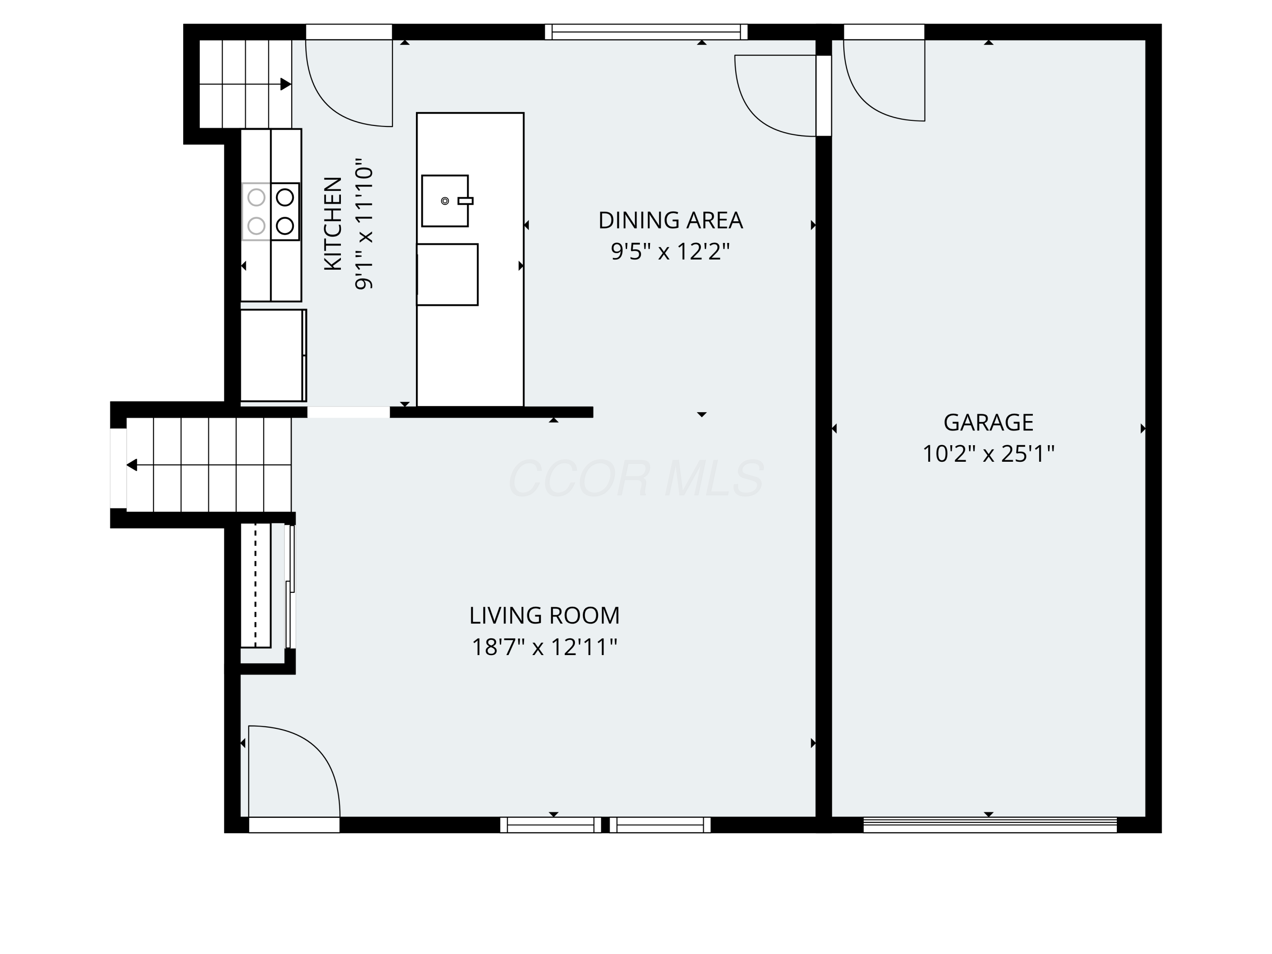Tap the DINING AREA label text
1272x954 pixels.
(670, 220)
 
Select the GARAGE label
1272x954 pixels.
(988, 423)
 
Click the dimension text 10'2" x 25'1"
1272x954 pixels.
(988, 454)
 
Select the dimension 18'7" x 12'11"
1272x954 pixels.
(544, 647)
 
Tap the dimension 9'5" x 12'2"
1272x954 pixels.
(670, 251)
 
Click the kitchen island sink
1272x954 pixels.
(444, 201)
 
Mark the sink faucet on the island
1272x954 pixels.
(465, 201)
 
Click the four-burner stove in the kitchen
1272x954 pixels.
(270, 212)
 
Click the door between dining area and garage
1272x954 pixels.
(776, 95)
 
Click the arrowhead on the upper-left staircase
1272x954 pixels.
(285, 84)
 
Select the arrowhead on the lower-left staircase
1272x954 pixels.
(132, 465)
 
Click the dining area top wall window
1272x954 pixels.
(646, 32)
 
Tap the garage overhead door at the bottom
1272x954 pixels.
(989, 825)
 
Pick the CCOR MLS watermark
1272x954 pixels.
(636, 478)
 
